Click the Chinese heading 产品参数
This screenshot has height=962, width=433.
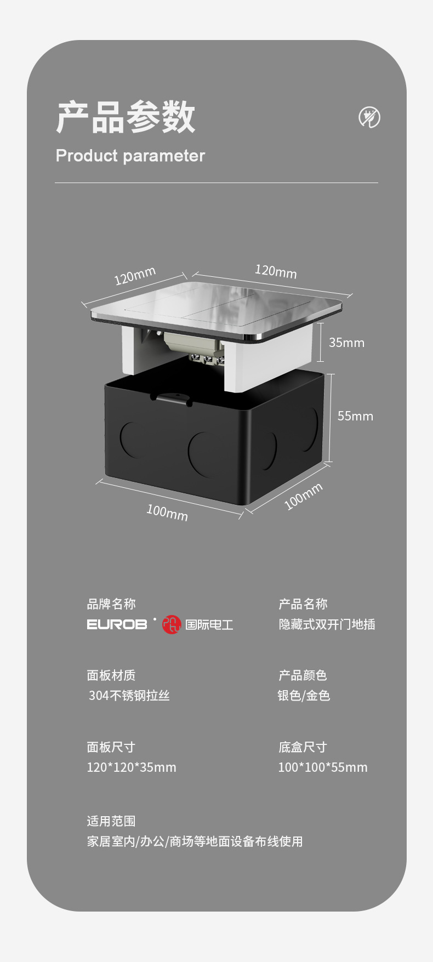(x=126, y=117)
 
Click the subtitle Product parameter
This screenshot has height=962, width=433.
(x=130, y=156)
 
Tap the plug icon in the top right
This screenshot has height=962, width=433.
(x=369, y=117)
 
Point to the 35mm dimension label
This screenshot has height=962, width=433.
(x=346, y=343)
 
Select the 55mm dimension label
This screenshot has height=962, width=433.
(x=355, y=416)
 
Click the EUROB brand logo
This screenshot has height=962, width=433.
(x=117, y=624)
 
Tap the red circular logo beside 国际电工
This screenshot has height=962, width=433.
(x=172, y=625)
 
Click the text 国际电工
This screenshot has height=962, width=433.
(x=209, y=625)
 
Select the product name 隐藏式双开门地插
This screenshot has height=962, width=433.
(x=327, y=624)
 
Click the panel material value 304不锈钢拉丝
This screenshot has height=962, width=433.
(x=129, y=696)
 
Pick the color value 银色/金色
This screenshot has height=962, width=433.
(x=304, y=696)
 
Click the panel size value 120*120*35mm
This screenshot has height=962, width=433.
(x=132, y=767)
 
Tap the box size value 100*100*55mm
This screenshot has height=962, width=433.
(x=323, y=767)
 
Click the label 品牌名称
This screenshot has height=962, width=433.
(x=111, y=604)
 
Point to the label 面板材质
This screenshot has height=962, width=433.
(x=111, y=675)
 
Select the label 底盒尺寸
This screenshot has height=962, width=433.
(x=303, y=747)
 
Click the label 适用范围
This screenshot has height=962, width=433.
(x=111, y=821)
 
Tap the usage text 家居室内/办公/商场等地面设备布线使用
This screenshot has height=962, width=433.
(x=195, y=841)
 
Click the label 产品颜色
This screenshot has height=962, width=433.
(x=303, y=675)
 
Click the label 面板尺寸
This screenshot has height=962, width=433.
(x=111, y=747)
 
